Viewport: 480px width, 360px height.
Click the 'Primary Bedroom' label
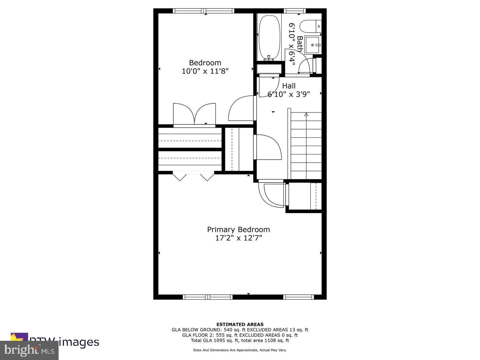238,229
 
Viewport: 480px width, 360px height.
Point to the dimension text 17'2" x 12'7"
238,238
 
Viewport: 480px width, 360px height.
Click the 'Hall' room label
289,86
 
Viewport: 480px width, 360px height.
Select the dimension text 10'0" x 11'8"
205,71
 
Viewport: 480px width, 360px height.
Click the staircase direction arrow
306,115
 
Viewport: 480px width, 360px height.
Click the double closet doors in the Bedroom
194,114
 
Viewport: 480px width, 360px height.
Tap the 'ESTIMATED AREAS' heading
240,324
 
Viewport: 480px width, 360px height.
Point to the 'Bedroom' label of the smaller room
205,63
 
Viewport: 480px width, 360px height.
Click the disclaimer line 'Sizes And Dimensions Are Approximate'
225,350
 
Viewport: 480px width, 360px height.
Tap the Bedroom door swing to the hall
241,108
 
